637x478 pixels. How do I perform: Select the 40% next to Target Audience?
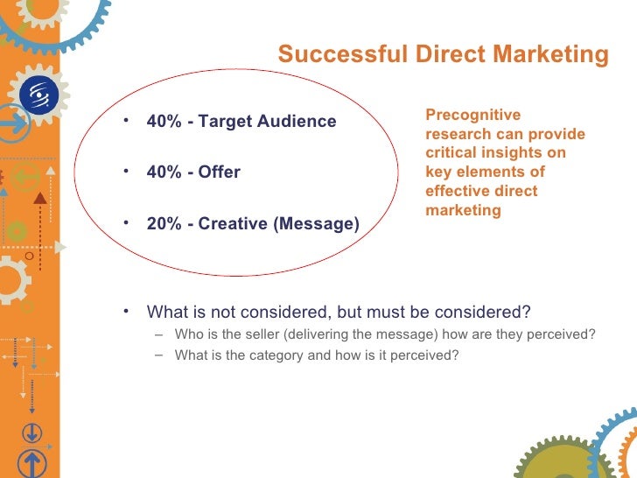pos(164,121)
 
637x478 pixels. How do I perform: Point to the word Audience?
pos(297,121)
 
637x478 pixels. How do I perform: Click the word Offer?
pos(219,172)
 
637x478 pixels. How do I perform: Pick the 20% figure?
pos(164,223)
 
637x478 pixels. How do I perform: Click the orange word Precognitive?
pos(473,115)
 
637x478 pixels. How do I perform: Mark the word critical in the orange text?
pos(452,153)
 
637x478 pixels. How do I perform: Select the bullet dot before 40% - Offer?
pos(128,170)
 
